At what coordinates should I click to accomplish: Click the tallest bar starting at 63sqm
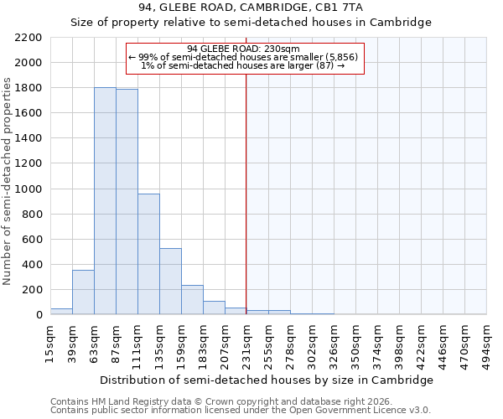(105, 201)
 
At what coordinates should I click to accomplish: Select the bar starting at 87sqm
(127, 202)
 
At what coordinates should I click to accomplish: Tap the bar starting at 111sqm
(148, 254)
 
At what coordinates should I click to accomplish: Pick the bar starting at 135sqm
(170, 282)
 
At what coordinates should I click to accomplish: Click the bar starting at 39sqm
(83, 292)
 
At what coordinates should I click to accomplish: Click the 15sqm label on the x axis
(50, 343)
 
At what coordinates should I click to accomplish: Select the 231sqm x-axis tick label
(246, 343)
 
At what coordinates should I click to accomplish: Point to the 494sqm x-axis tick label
(486, 343)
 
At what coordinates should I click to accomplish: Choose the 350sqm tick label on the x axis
(355, 343)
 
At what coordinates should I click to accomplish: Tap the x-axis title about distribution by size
(267, 380)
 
